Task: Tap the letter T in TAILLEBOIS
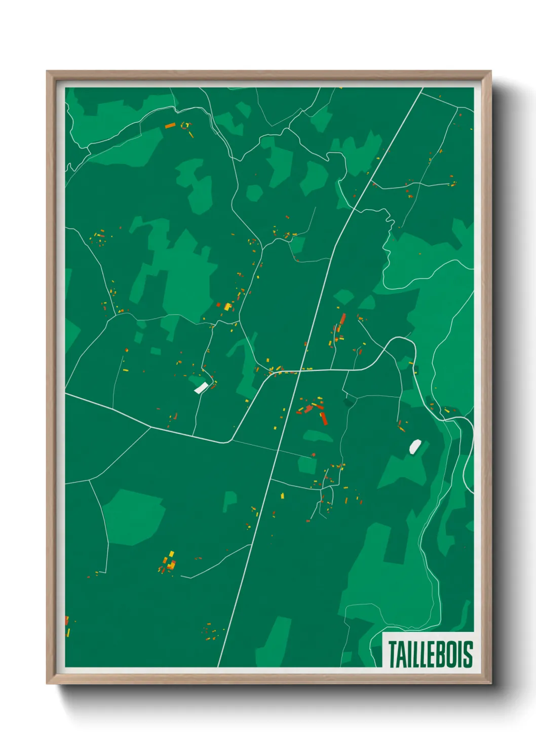click(393, 654)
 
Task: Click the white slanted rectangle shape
click(201, 388)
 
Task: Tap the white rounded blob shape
click(415, 446)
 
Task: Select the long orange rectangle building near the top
click(170, 125)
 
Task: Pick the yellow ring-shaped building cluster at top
click(185, 125)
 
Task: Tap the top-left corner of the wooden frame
click(47, 71)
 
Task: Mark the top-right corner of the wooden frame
click(490, 71)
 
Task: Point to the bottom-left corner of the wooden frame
click(47, 683)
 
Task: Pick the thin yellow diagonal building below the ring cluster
click(191, 134)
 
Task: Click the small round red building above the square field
click(314, 455)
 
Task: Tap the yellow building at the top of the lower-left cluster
click(171, 553)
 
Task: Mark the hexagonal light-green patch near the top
click(254, 193)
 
